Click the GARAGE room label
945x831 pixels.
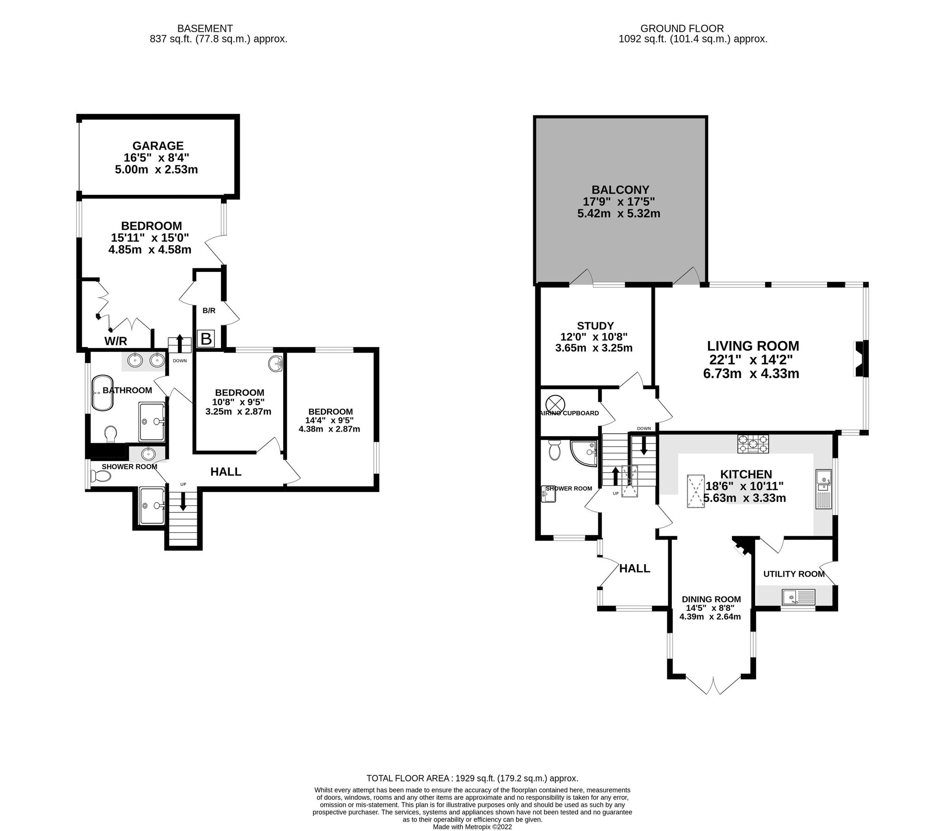[158, 146]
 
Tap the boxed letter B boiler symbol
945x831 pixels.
[206, 339]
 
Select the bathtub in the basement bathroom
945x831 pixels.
[102, 392]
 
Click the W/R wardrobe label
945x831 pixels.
[116, 341]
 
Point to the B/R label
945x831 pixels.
[209, 311]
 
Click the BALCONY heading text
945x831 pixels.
[620, 190]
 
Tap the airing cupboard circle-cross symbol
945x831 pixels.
[553, 402]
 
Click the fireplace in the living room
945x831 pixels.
[860, 359]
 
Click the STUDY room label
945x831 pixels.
[595, 325]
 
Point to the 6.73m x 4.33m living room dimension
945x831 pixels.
[751, 373]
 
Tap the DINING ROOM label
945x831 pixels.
[711, 600]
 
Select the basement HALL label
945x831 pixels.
[226, 472]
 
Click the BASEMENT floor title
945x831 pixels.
[205, 29]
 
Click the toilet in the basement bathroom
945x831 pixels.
[110, 434]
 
